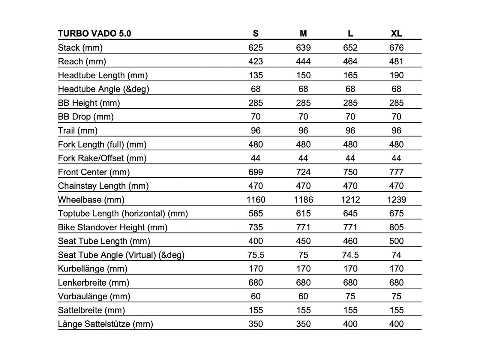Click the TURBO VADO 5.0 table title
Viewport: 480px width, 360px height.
[94, 33]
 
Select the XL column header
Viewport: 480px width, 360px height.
[396, 33]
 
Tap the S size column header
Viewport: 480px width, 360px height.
[256, 33]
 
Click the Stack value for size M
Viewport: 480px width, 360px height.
[303, 48]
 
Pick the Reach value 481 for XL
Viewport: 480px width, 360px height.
[396, 61]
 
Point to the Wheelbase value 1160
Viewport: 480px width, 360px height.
[256, 200]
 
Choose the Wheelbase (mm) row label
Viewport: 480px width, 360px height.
[91, 200]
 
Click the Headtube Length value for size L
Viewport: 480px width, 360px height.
[350, 75]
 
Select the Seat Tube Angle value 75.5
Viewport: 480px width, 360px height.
[256, 255]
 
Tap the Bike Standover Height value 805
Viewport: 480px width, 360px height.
[396, 227]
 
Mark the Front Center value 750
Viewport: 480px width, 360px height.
[350, 172]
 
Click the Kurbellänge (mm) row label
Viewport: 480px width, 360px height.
[93, 269]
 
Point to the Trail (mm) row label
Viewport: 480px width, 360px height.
[78, 131]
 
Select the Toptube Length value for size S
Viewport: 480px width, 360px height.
[256, 214]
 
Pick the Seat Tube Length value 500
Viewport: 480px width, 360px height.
[396, 241]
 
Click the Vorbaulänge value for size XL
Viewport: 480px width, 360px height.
[396, 296]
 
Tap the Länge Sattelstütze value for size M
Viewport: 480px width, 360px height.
[303, 324]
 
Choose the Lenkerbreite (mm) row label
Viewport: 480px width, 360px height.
[94, 283]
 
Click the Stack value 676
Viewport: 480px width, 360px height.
[396, 48]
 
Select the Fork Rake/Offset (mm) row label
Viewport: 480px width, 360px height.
[102, 158]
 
